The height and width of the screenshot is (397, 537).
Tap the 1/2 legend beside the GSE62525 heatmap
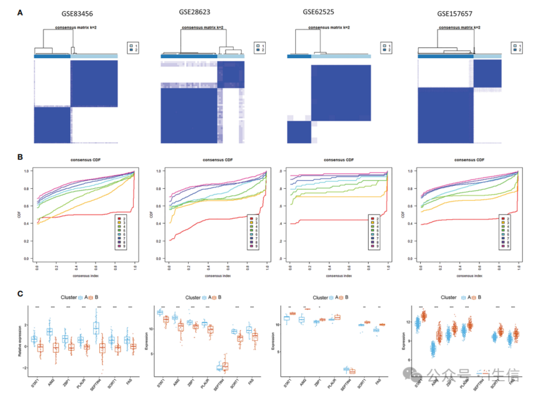pos(389,48)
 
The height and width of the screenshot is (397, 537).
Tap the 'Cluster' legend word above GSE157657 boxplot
pos(448,297)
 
